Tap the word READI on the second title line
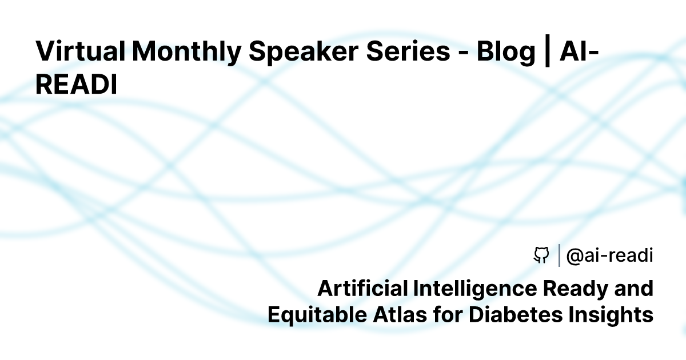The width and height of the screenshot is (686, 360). click(76, 85)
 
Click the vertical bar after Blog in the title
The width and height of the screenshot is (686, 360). click(547, 51)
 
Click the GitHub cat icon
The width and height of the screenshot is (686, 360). click(541, 255)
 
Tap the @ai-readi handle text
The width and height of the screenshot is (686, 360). click(609, 256)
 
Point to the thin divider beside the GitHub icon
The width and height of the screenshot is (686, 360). click(558, 255)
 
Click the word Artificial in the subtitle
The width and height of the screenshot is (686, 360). click(362, 288)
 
